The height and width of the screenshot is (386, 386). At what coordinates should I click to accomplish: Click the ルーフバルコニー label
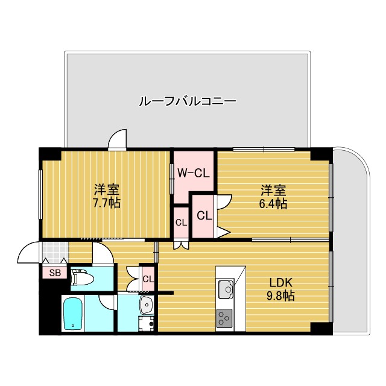pyautogui.click(x=187, y=101)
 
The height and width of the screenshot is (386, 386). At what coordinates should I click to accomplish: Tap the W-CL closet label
pyautogui.click(x=193, y=174)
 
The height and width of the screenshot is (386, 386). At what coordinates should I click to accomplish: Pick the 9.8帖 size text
pyautogui.click(x=280, y=296)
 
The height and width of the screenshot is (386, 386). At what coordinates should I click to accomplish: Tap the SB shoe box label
pyautogui.click(x=55, y=273)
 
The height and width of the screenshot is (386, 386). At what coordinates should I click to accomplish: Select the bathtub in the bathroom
pyautogui.click(x=73, y=313)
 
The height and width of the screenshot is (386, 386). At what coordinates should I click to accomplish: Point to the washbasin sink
pyautogui.click(x=147, y=305)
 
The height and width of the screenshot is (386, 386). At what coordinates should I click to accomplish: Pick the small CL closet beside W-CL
pyautogui.click(x=181, y=222)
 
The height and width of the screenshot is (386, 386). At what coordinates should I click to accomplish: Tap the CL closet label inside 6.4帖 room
pyautogui.click(x=204, y=215)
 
